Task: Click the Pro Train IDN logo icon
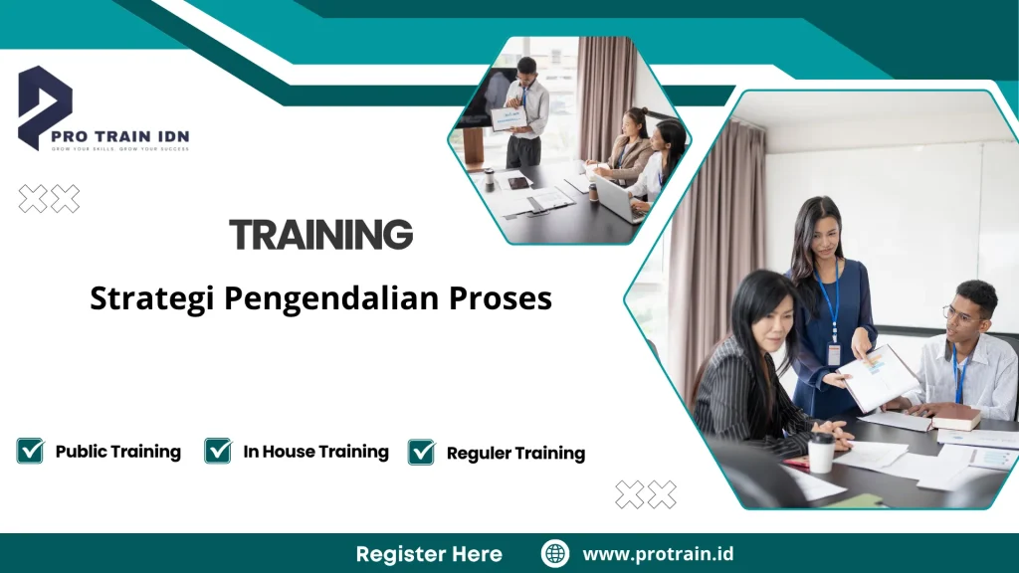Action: (45, 104)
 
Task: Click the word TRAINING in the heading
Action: (320, 235)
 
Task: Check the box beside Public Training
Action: (30, 451)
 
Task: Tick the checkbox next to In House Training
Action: (218, 451)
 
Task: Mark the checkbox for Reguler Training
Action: (422, 452)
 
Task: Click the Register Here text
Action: (429, 554)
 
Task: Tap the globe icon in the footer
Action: (555, 554)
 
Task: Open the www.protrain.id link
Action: (658, 554)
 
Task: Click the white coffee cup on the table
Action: (821, 453)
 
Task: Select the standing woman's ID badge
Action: (834, 353)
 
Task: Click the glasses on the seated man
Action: (960, 316)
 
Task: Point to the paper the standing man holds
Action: (509, 118)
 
